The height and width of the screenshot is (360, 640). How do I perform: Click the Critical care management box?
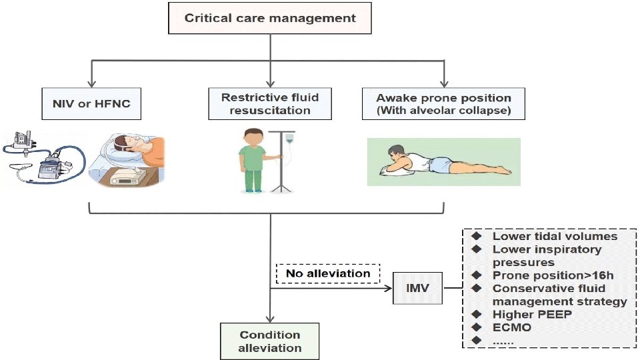[x=269, y=19]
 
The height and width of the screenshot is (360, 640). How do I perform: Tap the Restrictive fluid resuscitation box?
[x=270, y=103]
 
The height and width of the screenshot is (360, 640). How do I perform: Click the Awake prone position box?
[x=444, y=103]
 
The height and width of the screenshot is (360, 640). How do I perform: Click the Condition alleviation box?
[x=270, y=341]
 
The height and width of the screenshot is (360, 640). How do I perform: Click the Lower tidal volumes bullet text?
[x=555, y=236]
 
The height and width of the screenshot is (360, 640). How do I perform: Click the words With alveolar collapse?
[x=444, y=111]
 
